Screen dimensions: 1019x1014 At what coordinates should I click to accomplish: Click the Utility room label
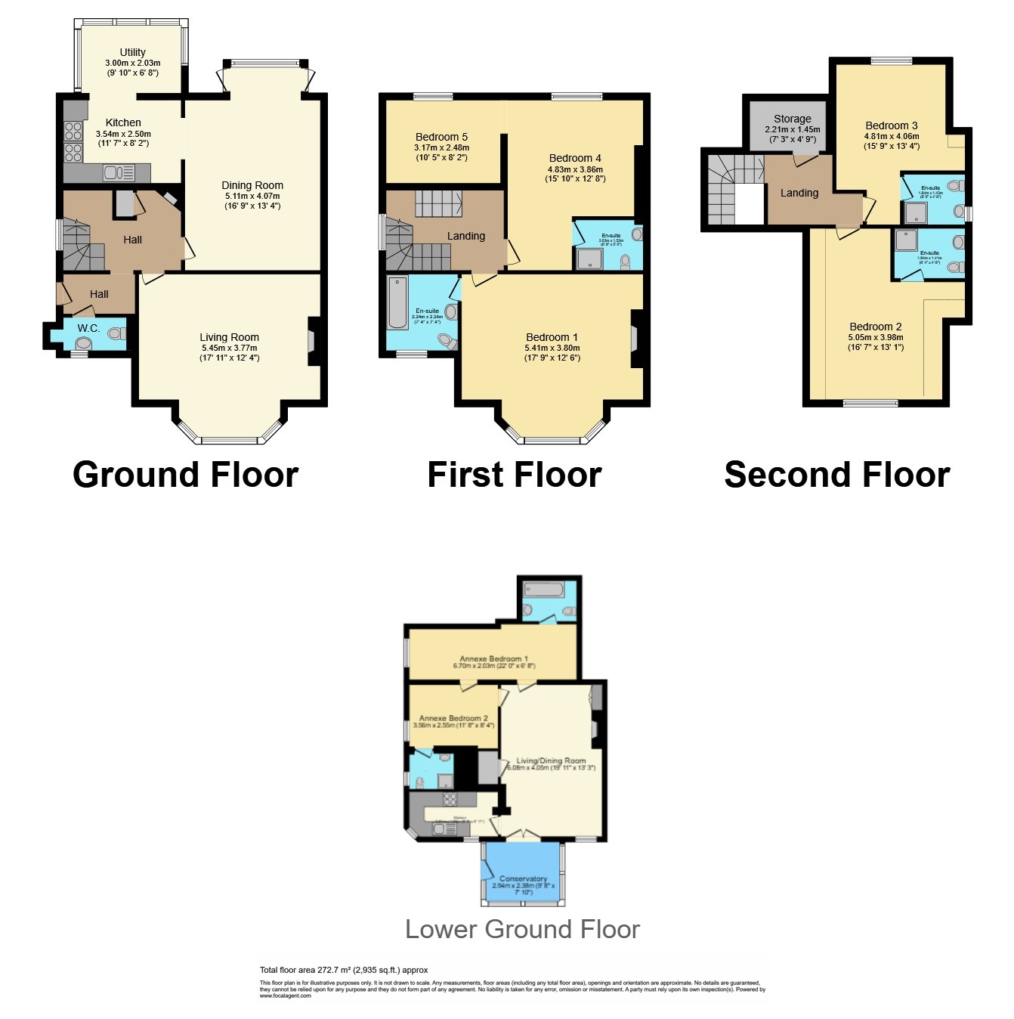132,52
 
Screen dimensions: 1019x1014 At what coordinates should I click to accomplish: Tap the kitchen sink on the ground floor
114,173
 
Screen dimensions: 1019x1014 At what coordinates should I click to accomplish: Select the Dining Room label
252,185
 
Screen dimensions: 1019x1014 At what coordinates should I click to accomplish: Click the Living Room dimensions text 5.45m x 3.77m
229,348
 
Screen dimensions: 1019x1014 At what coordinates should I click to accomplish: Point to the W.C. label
88,328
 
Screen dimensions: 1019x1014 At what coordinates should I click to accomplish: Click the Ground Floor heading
185,475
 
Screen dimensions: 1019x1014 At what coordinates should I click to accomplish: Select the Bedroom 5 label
441,137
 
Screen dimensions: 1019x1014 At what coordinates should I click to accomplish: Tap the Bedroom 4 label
575,158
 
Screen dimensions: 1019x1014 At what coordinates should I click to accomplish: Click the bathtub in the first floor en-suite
397,303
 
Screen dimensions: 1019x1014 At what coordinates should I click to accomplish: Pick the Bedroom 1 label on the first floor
552,337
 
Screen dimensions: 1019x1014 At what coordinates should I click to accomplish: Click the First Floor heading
514,475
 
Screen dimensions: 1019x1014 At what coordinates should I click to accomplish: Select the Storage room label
792,119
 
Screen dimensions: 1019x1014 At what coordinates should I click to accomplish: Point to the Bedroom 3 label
892,125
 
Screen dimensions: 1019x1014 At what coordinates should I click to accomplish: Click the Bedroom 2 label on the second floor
875,327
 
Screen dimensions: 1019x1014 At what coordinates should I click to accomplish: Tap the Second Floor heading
836,475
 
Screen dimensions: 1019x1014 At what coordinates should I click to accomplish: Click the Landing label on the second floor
799,193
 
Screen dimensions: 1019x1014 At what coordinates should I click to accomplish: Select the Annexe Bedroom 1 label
493,658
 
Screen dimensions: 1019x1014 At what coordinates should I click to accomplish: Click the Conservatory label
523,878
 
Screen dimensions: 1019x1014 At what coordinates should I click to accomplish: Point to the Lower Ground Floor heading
522,929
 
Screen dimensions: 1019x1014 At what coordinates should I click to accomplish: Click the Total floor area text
344,970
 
